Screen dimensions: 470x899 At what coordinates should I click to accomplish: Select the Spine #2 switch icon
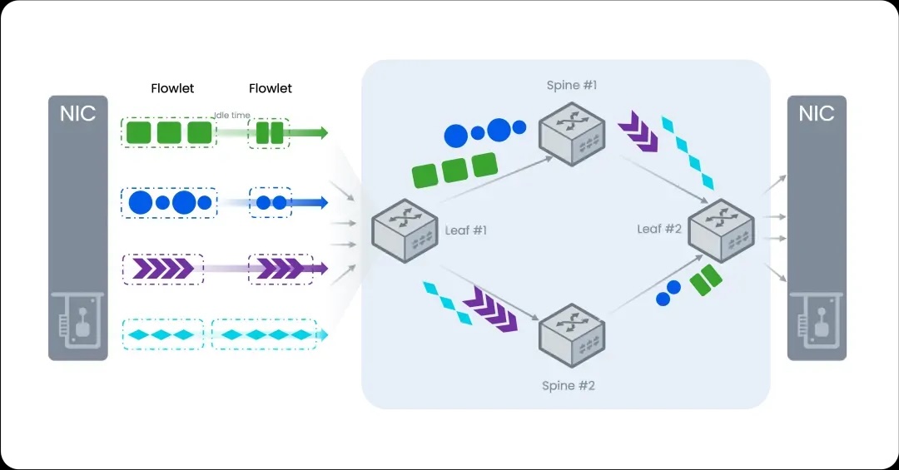(572, 333)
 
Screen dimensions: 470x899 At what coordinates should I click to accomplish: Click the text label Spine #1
(571, 85)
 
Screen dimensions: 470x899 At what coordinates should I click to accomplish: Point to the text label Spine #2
(569, 385)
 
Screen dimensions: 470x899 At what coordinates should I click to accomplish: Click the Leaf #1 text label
(465, 230)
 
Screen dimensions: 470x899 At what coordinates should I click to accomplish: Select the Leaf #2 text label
(659, 228)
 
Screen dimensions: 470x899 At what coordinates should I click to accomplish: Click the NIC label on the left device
(77, 113)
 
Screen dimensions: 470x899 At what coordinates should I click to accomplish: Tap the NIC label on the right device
(817, 113)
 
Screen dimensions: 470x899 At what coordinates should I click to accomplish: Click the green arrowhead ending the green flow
(322, 133)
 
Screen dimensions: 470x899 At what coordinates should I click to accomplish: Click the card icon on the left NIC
(77, 324)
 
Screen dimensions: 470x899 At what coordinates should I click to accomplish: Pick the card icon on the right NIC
(817, 324)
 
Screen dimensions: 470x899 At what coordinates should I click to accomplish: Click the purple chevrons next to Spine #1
(638, 133)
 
